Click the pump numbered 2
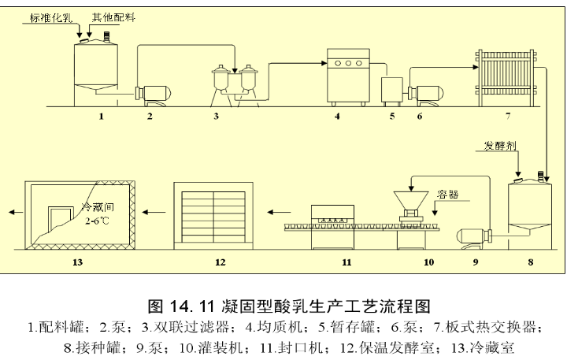tap(150, 93)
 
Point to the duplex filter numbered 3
tap(235, 84)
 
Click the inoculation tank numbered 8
tap(528, 206)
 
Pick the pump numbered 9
tap(472, 233)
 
